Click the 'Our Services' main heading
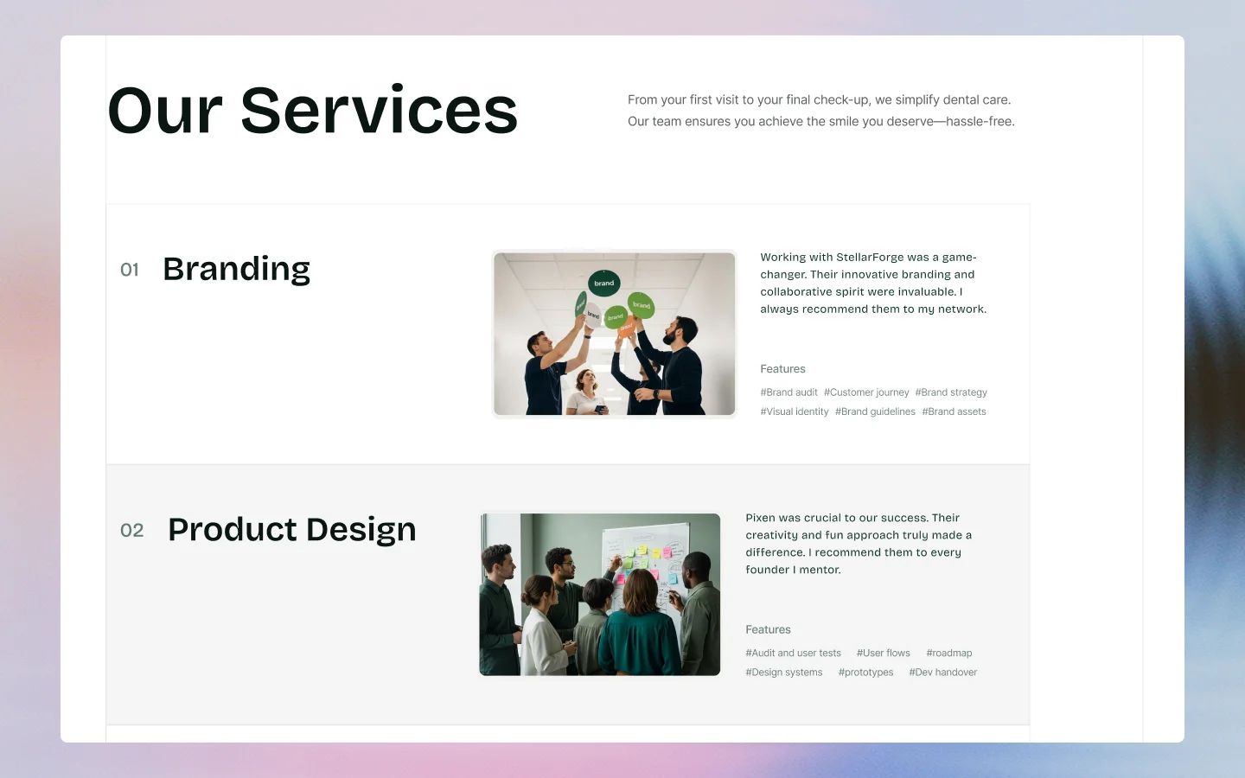click(312, 111)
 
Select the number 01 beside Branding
click(130, 270)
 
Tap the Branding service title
click(236, 269)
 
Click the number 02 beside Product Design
click(131, 530)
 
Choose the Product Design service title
click(291, 529)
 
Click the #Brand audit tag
click(788, 392)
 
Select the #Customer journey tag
click(866, 392)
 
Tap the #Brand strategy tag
click(951, 392)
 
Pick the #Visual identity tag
click(795, 411)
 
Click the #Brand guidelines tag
click(875, 411)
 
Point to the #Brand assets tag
click(954, 411)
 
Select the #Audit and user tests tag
click(793, 654)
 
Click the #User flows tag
click(883, 654)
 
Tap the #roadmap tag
click(948, 654)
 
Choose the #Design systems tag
click(784, 673)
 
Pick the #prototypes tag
click(865, 673)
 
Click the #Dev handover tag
click(942, 673)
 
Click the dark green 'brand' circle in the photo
click(603, 283)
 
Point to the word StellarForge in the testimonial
click(869, 257)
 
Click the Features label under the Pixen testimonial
click(768, 629)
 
